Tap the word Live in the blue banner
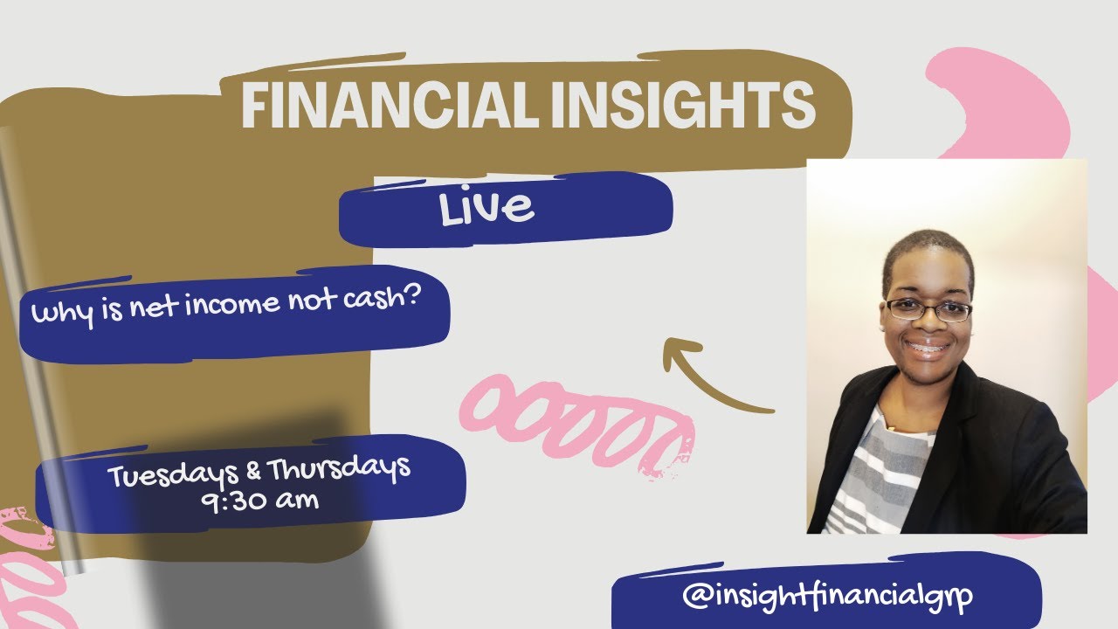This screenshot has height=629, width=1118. [x=487, y=207]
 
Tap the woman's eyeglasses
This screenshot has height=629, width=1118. [x=928, y=309]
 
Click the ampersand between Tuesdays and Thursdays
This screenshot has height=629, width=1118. [x=254, y=473]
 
